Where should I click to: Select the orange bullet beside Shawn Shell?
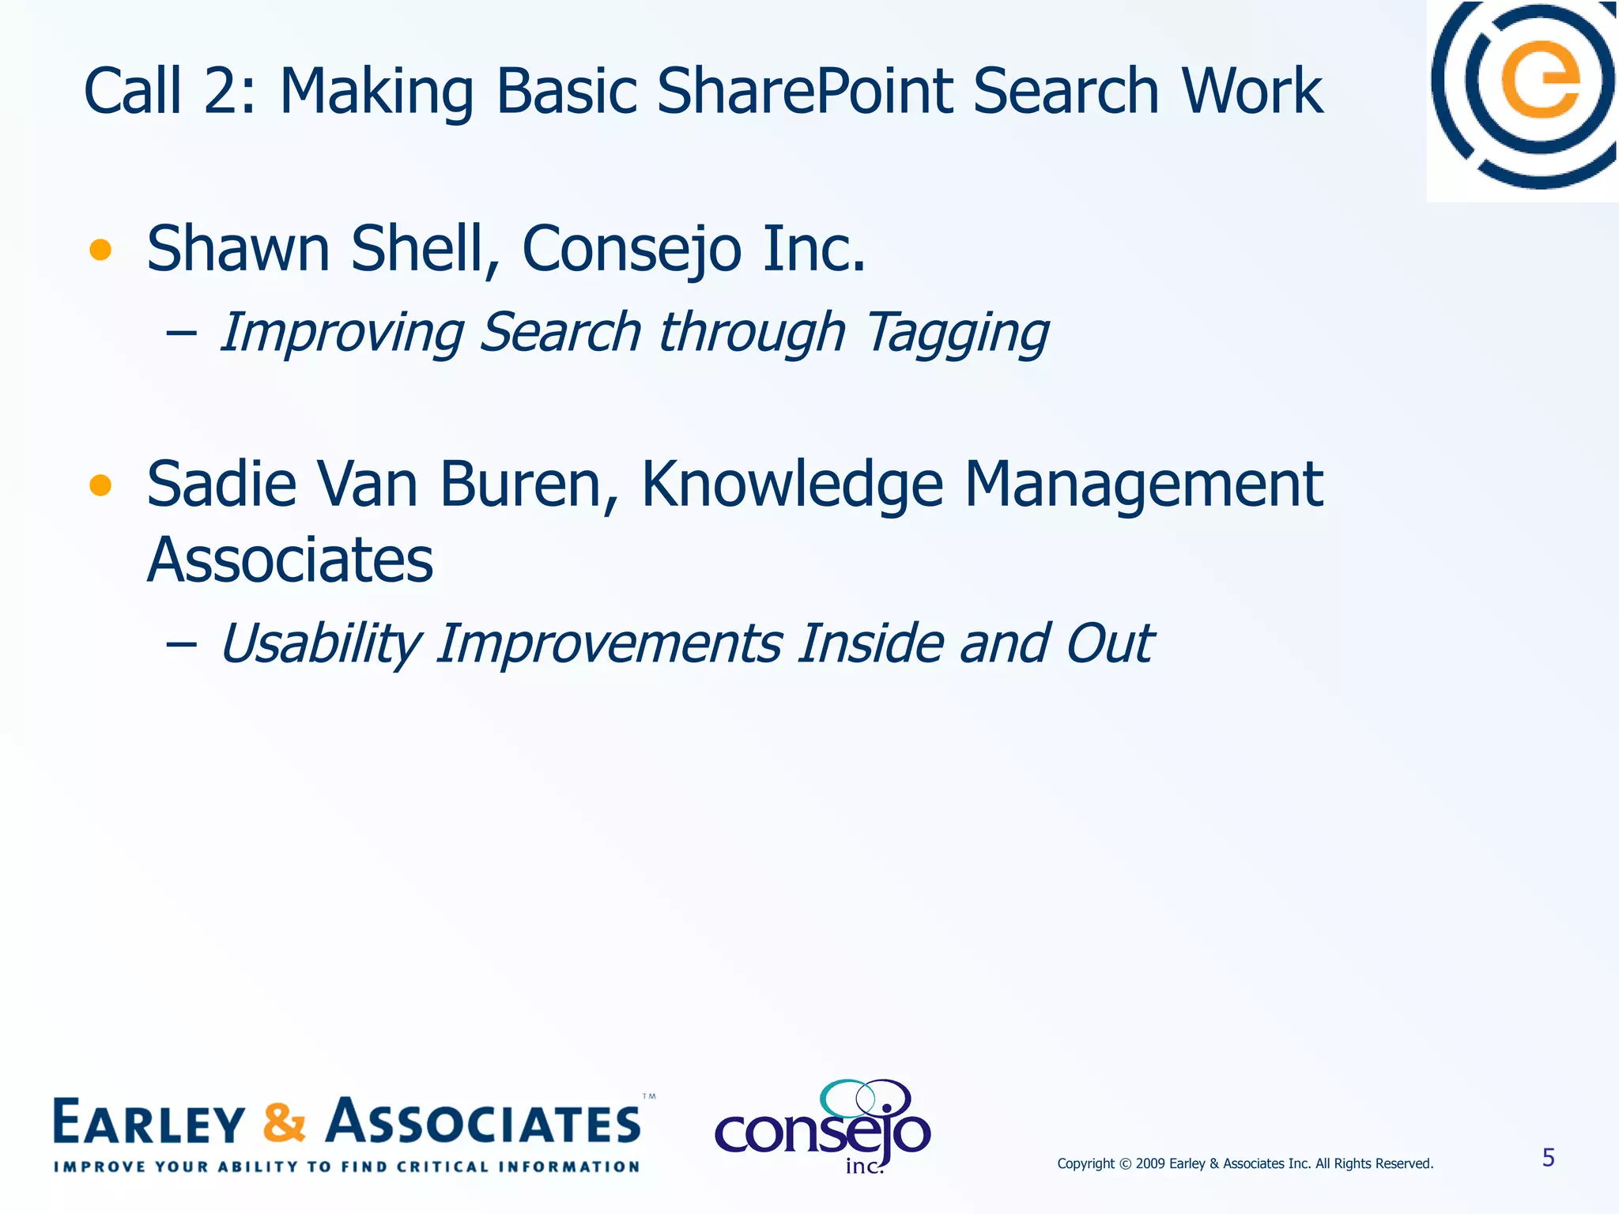(x=100, y=251)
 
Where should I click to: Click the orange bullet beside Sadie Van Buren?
(x=100, y=484)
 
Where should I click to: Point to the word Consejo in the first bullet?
(x=632, y=249)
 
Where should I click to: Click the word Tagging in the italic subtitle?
(x=957, y=332)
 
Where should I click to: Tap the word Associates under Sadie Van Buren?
(x=290, y=560)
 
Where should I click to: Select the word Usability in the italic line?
(x=319, y=643)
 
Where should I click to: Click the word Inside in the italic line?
(x=870, y=643)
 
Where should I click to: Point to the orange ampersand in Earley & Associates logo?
(x=284, y=1122)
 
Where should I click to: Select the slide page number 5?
(x=1548, y=1158)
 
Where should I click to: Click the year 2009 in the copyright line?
(x=1150, y=1163)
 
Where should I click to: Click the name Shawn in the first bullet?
(x=238, y=249)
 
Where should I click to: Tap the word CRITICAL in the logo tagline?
(x=443, y=1167)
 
